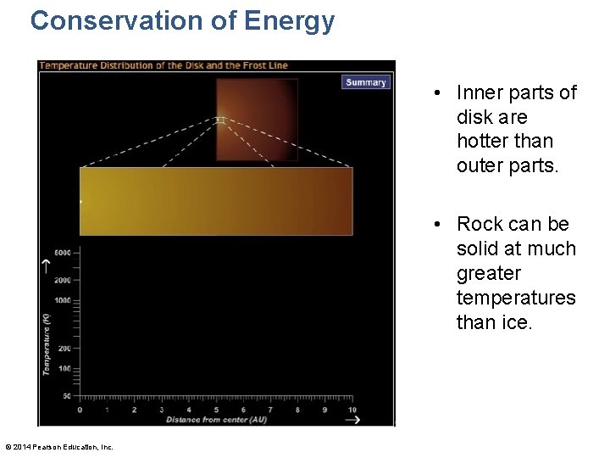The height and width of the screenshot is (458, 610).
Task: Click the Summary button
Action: (366, 82)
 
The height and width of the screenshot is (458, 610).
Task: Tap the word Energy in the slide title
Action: (291, 20)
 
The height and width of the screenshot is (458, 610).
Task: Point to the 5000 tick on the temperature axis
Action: (64, 253)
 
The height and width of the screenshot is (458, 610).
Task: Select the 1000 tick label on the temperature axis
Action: (64, 300)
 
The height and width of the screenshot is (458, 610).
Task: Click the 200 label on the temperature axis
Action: (65, 348)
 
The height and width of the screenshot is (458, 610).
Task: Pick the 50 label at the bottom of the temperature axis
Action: (67, 396)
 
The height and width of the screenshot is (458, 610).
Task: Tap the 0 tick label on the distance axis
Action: (80, 410)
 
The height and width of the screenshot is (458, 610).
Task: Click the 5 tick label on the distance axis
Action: (216, 410)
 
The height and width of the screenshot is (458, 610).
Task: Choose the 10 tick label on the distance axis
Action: (352, 410)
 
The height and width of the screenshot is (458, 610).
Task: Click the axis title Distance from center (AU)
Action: (216, 420)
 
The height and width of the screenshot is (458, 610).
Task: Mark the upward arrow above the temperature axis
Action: (47, 266)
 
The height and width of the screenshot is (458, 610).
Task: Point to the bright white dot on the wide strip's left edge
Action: (81, 202)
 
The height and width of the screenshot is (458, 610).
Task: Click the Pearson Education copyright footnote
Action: (59, 447)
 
